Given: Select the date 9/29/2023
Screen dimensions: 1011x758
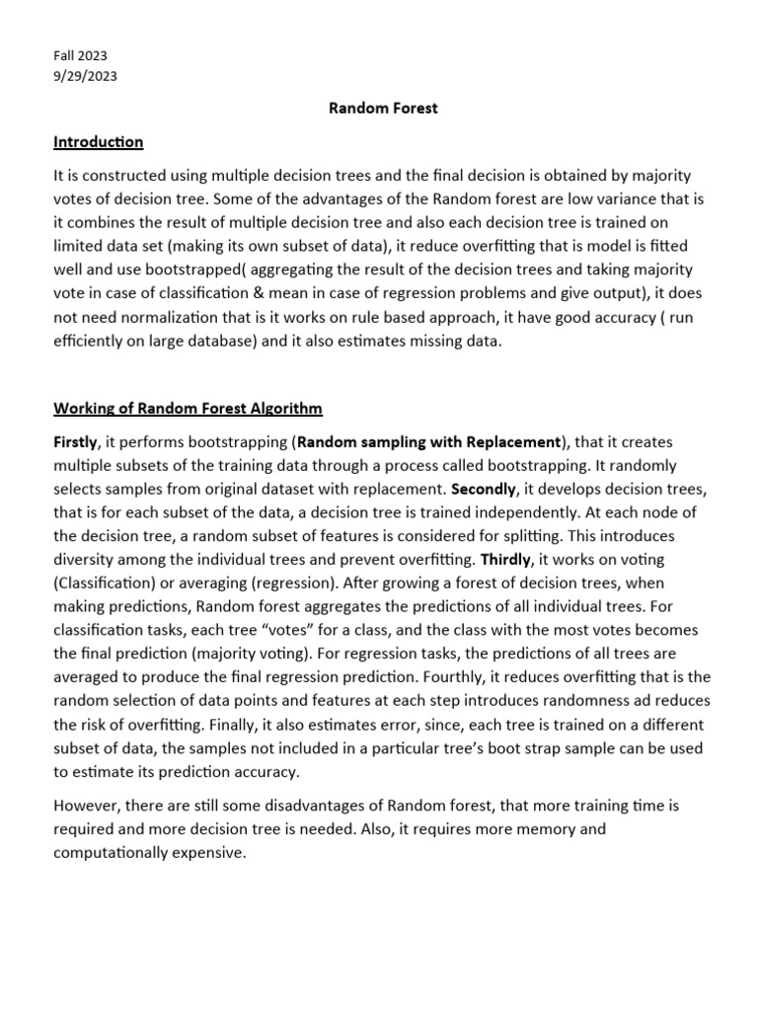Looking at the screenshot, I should click(85, 77).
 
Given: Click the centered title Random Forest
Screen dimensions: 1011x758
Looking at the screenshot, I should click(383, 109).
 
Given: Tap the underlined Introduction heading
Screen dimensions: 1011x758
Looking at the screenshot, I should click(98, 142).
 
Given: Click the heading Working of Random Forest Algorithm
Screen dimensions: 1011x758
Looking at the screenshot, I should click(188, 409).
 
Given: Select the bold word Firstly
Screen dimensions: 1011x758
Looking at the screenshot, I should click(75, 442).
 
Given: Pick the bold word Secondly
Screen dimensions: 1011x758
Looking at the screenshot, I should click(484, 490).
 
